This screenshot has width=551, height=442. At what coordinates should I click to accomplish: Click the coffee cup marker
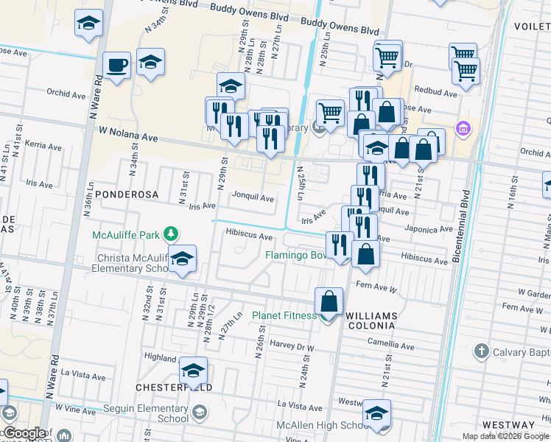click(116, 66)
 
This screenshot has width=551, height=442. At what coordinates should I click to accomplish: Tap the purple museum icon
click(463, 129)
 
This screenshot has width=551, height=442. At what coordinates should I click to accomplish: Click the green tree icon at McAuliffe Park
click(171, 234)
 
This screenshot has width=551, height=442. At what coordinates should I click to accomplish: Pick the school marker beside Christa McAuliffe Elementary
click(182, 259)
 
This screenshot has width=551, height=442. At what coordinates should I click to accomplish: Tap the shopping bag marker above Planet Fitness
click(329, 301)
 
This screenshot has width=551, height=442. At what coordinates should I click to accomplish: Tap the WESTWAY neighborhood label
click(508, 425)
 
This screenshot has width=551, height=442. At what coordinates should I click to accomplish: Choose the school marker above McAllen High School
click(376, 414)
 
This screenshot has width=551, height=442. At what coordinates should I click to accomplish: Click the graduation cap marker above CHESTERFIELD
click(193, 371)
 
